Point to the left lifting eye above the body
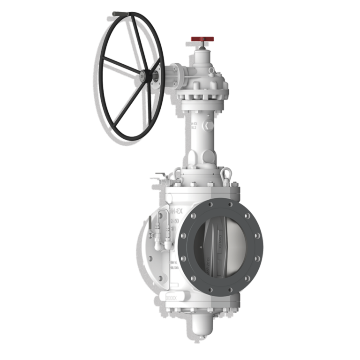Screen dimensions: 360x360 point(178,174)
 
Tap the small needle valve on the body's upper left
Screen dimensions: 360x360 point(159,178)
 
